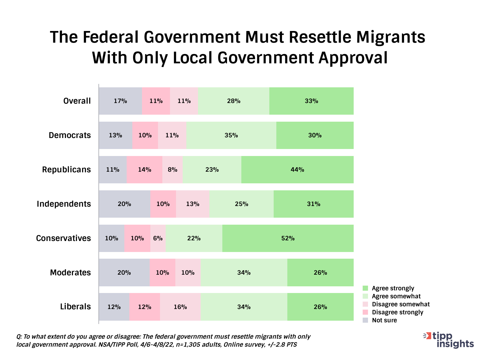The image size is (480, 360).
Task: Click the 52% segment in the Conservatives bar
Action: (288, 238)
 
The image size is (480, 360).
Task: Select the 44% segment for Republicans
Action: (297, 170)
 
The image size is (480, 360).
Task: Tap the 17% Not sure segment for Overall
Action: (120, 101)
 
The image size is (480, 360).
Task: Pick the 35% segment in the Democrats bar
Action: (231, 135)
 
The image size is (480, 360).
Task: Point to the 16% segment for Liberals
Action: (180, 307)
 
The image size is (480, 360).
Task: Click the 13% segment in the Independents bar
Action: (193, 204)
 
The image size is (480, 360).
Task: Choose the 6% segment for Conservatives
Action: (158, 238)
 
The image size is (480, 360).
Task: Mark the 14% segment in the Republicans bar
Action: (144, 170)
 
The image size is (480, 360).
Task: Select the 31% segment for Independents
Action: (313, 204)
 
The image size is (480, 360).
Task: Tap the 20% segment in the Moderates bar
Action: (124, 273)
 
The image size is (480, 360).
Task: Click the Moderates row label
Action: (70, 273)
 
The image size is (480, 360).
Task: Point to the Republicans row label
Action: (66, 170)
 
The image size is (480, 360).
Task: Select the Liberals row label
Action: (75, 307)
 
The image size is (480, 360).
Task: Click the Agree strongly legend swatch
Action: (365, 288)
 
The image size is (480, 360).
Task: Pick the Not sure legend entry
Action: (384, 320)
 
